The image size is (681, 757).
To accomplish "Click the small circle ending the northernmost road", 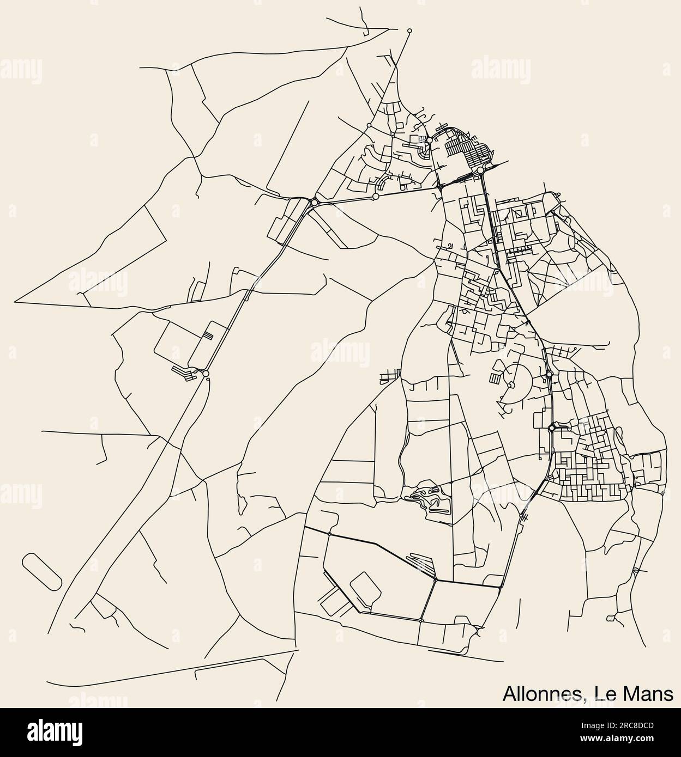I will pyautogui.click(x=409, y=30).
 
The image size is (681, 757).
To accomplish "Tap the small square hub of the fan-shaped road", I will pyautogui.click(x=512, y=385).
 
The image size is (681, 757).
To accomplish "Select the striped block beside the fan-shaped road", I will pyautogui.click(x=495, y=378).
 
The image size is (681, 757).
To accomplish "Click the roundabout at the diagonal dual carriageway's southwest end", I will pyautogui.click(x=205, y=374).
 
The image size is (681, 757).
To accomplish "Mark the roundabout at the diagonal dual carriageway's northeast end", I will pyautogui.click(x=314, y=203).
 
